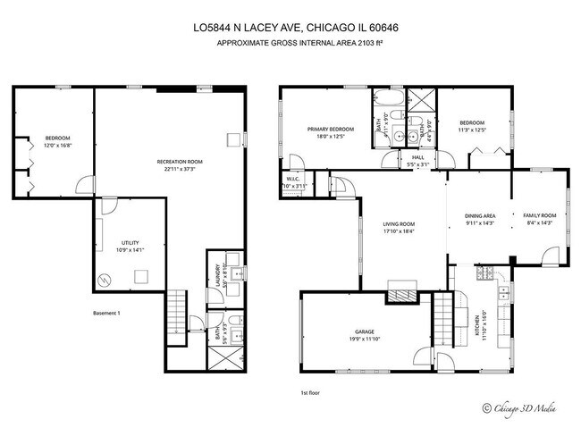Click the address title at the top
click(296, 28)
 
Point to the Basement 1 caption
click(105, 314)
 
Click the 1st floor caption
click(311, 391)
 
